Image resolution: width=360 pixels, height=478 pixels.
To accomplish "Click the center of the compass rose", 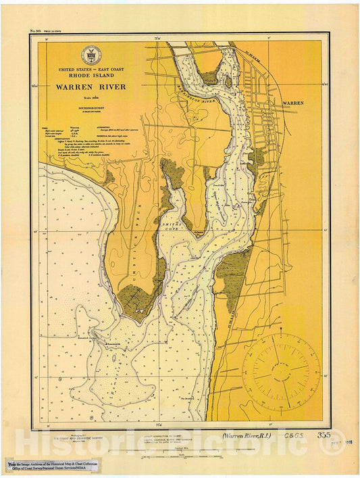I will pos(282,370).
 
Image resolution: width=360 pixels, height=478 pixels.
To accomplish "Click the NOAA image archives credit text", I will pos(53,467).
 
